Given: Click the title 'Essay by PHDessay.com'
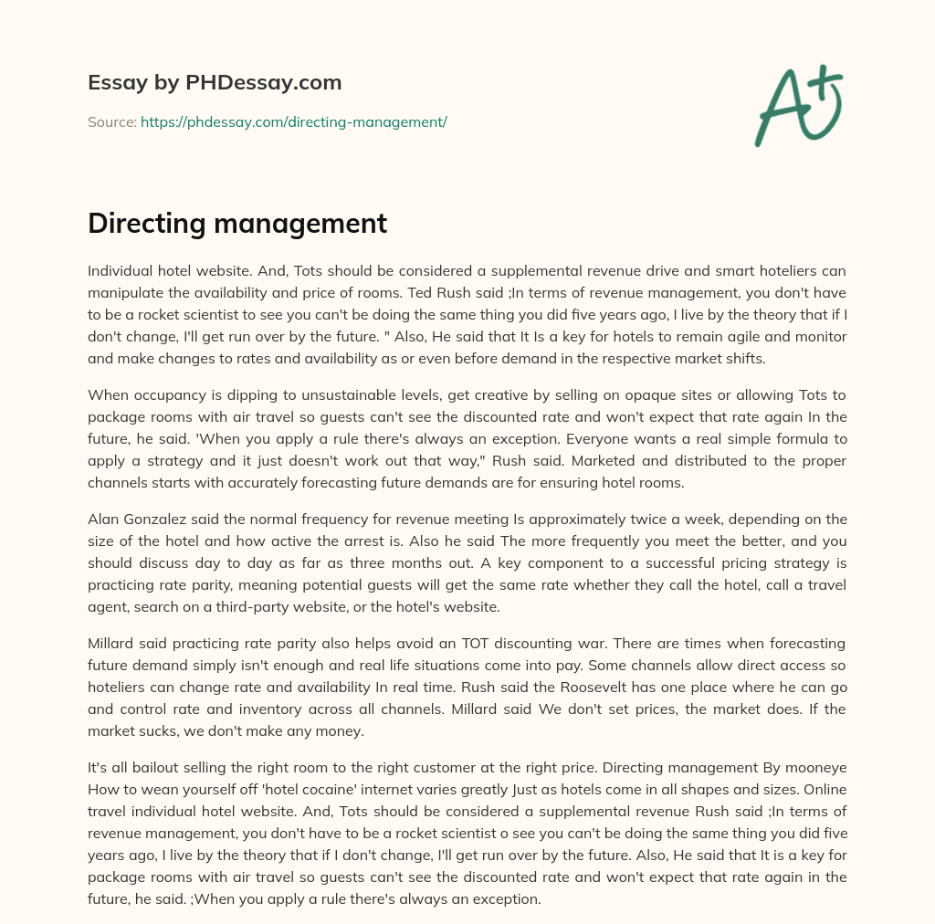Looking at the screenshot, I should (x=215, y=83).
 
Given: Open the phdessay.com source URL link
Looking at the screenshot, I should (x=293, y=121).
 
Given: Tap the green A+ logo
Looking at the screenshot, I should (x=797, y=104).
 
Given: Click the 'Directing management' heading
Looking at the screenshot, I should (x=237, y=224).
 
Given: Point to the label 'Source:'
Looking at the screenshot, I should (x=111, y=121).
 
